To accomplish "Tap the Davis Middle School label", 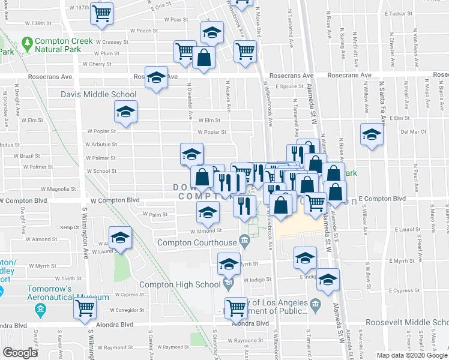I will pyautogui.click(x=98, y=94).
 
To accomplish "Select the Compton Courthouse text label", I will pyautogui.click(x=197, y=242).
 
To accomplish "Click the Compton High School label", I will pyautogui.click(x=179, y=284).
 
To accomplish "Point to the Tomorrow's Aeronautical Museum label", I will pyautogui.click(x=67, y=292).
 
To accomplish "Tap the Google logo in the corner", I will pyautogui.click(x=20, y=353).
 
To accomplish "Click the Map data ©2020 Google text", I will pyautogui.click(x=411, y=355).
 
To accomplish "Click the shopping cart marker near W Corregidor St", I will pyautogui.click(x=85, y=308).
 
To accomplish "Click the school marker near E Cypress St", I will pyautogui.click(x=328, y=279).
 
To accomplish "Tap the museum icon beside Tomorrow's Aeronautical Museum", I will pyautogui.click(x=40, y=310).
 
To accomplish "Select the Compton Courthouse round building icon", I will pyautogui.click(x=244, y=242).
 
